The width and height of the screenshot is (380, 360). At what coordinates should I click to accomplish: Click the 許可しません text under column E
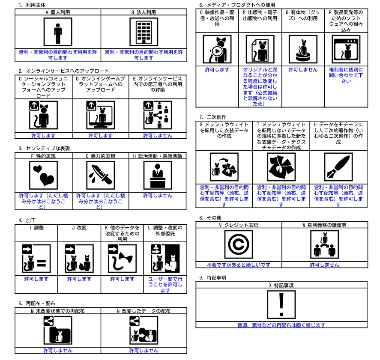coord(158,136)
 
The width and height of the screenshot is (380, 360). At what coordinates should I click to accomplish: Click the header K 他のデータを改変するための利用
coord(122,233)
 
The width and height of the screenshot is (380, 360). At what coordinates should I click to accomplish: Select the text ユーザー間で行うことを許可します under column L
coord(165,285)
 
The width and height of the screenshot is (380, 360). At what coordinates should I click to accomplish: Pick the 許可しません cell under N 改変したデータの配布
coord(144,351)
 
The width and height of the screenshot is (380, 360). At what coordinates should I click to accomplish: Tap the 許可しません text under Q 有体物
coord(303,70)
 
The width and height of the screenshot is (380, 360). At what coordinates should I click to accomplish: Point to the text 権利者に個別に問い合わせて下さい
coord(346,75)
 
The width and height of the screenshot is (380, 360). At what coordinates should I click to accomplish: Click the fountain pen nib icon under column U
coord(338,167)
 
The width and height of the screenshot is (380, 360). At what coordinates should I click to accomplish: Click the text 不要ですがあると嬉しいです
coord(239,265)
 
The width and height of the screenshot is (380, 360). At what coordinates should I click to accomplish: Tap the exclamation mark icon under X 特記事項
coord(281,305)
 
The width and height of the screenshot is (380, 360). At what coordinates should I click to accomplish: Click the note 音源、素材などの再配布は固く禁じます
coord(281,325)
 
